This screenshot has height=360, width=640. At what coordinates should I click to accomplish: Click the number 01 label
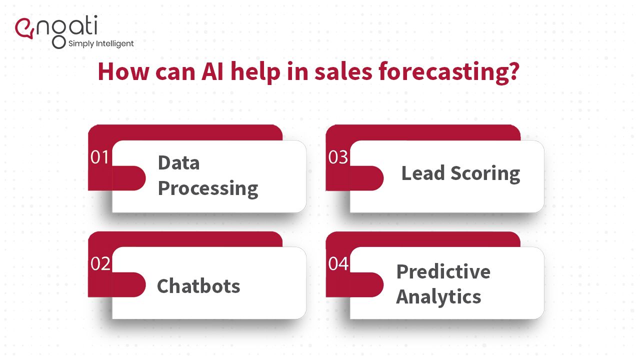[x=99, y=157]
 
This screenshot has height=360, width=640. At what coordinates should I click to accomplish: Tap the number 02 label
[x=100, y=263]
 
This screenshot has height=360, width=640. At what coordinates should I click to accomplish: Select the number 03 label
[x=338, y=157]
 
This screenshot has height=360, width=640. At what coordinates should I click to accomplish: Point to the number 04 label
[x=338, y=263]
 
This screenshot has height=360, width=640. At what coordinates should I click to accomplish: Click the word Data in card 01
[x=178, y=163]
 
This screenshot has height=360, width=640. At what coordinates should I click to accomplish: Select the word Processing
[x=208, y=189]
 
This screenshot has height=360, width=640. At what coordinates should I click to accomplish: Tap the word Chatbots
[x=198, y=286]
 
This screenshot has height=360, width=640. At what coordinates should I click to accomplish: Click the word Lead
[x=422, y=173]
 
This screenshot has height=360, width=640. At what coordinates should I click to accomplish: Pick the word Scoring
[x=485, y=174]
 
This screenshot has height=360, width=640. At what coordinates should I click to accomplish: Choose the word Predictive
[x=443, y=271]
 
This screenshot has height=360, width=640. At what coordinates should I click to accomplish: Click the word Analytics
[x=438, y=297]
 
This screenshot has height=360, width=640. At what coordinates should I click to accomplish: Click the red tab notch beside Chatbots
[x=129, y=284]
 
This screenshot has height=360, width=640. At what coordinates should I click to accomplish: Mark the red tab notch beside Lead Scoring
[x=367, y=178]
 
